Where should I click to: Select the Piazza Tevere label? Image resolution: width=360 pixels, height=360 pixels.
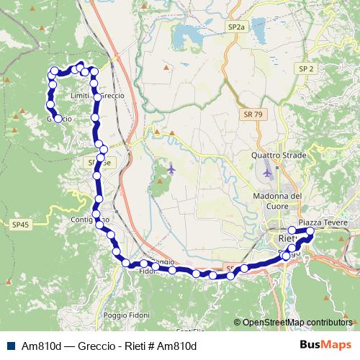click(x=323, y=223)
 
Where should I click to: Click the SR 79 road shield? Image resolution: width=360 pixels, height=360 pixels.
click(x=253, y=114)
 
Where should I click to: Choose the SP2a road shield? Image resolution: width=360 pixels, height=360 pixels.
click(x=235, y=27)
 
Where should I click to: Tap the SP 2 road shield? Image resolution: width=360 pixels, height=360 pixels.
click(x=306, y=68)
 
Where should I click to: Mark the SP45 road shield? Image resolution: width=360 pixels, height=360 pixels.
click(x=21, y=225)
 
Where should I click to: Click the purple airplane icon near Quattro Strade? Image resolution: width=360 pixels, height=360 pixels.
click(x=268, y=173)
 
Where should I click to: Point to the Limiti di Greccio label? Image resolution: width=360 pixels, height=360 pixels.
click(x=99, y=96)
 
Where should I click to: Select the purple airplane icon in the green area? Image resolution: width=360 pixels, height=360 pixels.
click(x=171, y=169)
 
